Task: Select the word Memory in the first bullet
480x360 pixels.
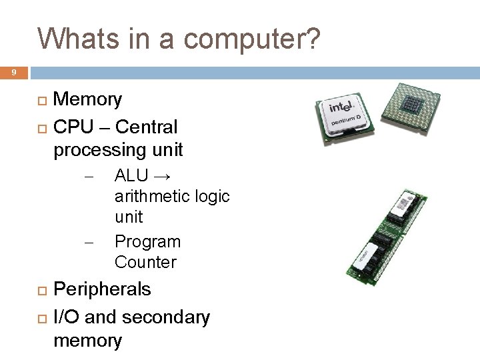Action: [x=87, y=100]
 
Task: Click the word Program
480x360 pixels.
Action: [x=147, y=241]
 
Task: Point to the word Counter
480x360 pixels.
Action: [x=145, y=262]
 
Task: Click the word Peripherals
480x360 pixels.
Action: [x=102, y=289]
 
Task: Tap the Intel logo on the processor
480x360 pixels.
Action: [x=338, y=109]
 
